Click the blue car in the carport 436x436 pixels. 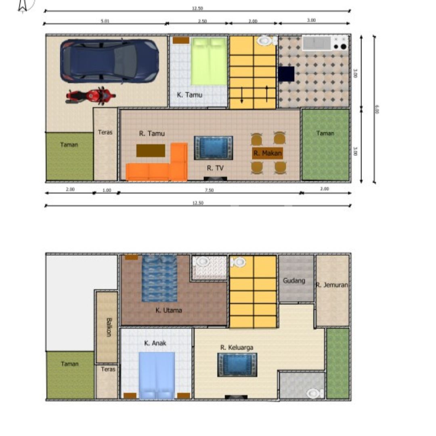coord(109,61)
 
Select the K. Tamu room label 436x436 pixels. coord(190,95)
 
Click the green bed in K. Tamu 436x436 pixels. coord(209,61)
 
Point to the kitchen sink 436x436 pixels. coord(317,43)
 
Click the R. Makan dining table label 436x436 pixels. coord(268,153)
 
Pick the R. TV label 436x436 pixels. coord(215,168)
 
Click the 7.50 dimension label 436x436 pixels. coord(209,190)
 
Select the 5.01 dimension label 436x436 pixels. coord(105,21)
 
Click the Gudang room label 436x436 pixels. coord(294,281)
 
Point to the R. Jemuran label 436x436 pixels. coord(332,285)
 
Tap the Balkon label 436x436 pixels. coord(109,327)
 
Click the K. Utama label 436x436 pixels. coord(168,310)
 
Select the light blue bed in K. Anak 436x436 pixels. coord(157,376)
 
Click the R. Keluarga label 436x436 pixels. coord(237,347)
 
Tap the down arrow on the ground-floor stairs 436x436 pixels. coord(242,95)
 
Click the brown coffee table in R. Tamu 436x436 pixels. coord(151,151)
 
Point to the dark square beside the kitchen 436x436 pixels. coord(286,74)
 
